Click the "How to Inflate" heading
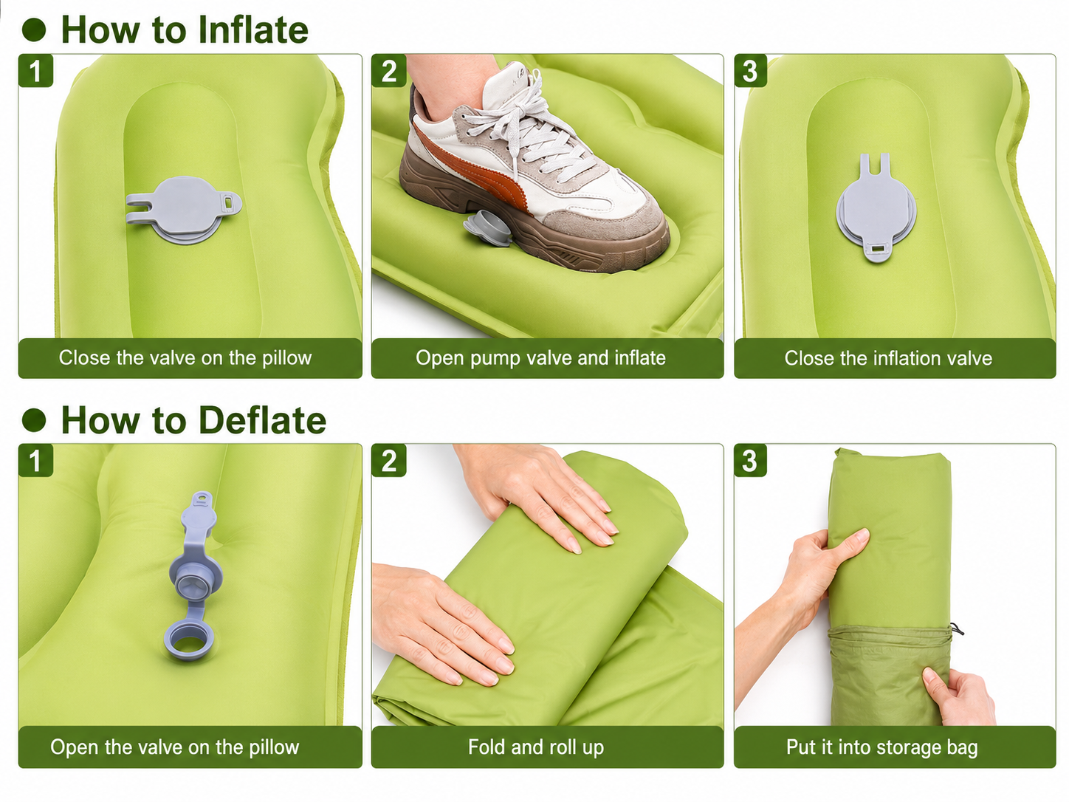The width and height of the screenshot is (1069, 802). [185, 30]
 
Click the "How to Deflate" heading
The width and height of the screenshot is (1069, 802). [193, 419]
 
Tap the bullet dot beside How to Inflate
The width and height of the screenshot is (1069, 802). [34, 30]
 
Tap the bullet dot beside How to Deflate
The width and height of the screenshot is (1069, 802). [34, 419]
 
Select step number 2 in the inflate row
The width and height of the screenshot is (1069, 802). [388, 71]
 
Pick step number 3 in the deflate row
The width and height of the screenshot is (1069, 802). [751, 461]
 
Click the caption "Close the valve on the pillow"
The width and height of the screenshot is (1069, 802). [185, 358]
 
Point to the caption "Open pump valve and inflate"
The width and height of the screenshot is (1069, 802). [540, 358]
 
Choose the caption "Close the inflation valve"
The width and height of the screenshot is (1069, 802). [888, 358]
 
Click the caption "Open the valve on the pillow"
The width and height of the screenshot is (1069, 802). [174, 747]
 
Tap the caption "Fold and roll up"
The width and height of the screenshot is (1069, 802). [536, 747]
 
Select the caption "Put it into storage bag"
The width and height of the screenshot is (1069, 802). [882, 747]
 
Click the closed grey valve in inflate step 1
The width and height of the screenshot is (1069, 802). [184, 210]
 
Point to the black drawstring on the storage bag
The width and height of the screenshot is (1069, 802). [958, 628]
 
